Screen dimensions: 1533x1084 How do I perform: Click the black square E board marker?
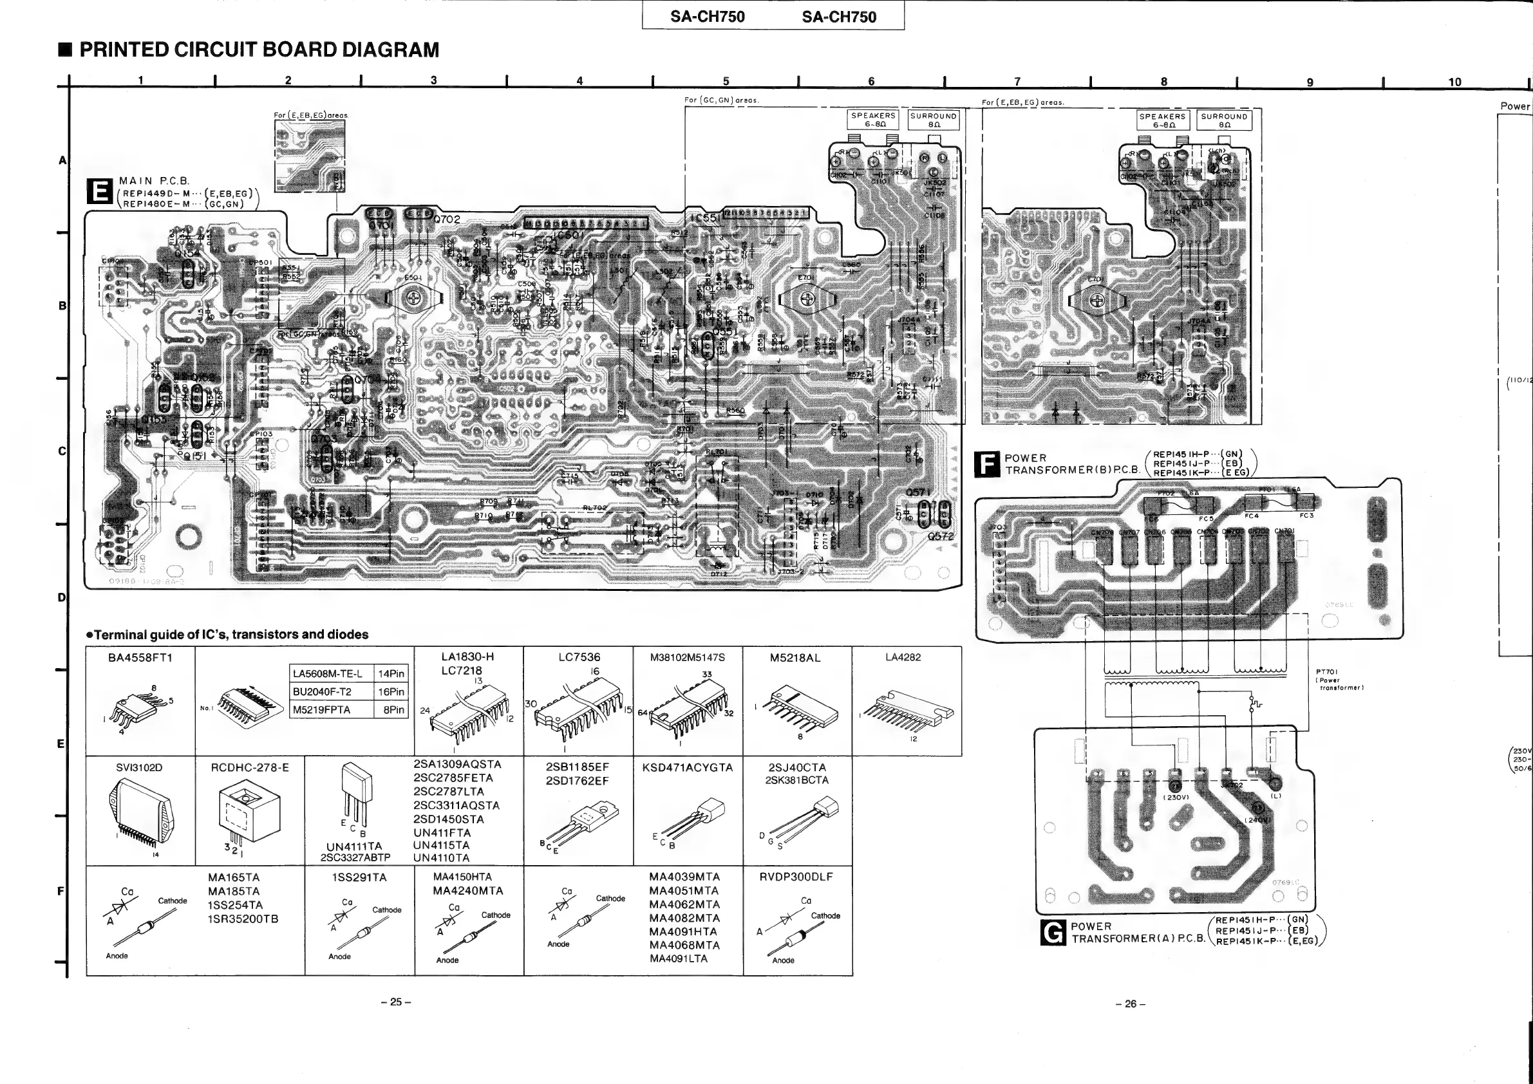pos(100,192)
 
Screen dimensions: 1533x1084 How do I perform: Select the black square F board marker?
pos(986,464)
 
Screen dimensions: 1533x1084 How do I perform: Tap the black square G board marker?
pos(1052,933)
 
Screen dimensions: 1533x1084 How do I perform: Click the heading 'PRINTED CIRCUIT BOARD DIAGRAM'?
pos(259,50)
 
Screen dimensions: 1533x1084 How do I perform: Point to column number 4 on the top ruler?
pos(579,80)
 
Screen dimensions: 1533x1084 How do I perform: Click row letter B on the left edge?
pos(62,306)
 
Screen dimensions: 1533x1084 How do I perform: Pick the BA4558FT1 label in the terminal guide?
pos(140,657)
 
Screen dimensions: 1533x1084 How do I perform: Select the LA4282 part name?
pos(903,657)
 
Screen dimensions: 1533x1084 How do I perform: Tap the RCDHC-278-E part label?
pos(250,767)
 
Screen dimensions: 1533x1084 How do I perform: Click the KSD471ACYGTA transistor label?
pos(687,767)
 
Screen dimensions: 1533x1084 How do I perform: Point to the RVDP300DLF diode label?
pos(796,877)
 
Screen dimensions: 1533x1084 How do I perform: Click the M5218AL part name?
pos(795,657)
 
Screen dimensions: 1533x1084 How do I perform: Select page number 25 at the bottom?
pos(396,1002)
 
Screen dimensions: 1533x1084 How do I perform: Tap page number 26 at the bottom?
pos(1131,1004)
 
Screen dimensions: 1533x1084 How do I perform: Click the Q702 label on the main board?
pos(447,219)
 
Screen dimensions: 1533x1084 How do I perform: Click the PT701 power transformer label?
pos(1326,672)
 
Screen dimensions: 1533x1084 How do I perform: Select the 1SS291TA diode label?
pos(359,877)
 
